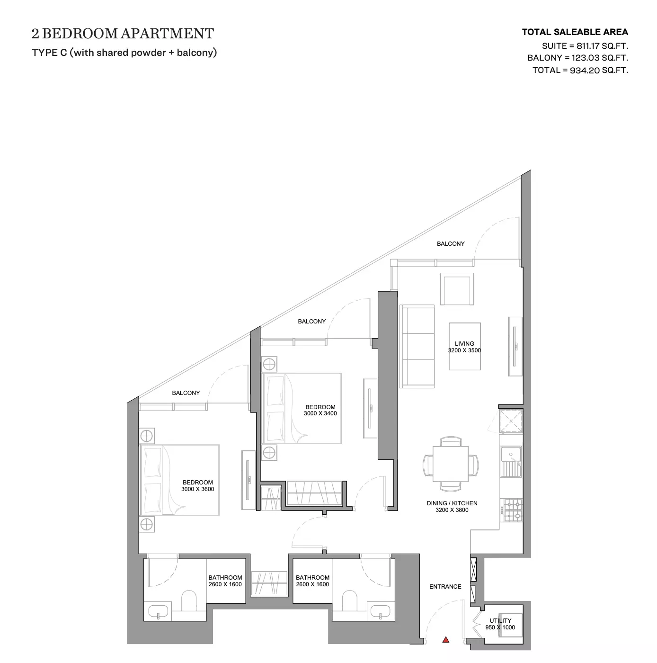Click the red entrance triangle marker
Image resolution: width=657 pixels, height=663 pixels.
coord(445,640)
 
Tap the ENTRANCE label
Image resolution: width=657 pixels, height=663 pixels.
coord(445,587)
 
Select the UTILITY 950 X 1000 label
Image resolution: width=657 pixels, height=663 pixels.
coord(500,624)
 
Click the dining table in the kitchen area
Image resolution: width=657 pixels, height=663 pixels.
coord(451,464)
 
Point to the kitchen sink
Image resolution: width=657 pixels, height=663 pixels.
coord(510,461)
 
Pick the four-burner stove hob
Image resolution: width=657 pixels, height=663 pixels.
coord(511,510)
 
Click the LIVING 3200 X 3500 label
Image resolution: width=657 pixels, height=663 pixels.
coord(464,347)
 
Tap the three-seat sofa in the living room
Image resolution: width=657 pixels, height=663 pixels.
coord(417,347)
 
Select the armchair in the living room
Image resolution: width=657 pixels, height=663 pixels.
coord(457,289)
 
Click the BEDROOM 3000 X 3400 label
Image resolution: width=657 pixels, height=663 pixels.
coord(320,410)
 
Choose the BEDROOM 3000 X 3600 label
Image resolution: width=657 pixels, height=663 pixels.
coord(198,486)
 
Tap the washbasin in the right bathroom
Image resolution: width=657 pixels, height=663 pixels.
coord(380,611)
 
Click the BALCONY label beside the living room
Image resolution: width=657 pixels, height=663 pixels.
coord(451,243)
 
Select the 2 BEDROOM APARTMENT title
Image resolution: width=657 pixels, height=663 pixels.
coord(123,34)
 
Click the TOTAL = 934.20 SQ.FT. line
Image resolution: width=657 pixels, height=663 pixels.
coord(580,70)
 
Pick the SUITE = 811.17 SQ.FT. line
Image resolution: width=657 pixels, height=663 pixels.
coord(585,46)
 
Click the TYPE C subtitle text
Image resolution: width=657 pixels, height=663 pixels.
coord(124,53)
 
